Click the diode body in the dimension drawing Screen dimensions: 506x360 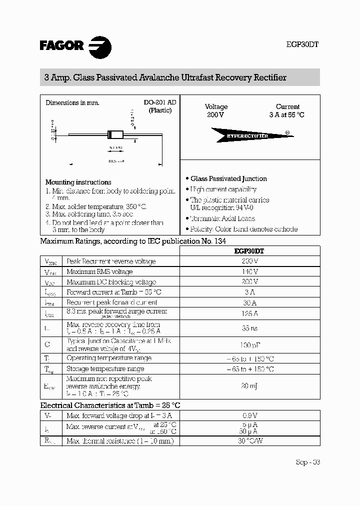coord(115,134)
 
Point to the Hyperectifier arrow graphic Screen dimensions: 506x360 coord(247,135)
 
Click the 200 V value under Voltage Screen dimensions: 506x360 coord(215,115)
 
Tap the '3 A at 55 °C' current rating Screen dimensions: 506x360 coord(287,115)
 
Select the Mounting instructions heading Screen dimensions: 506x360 coord(78,182)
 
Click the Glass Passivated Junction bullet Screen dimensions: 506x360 coord(228,178)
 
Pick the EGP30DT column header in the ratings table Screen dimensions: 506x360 coord(249,251)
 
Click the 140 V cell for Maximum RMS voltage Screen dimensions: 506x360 coord(249,271)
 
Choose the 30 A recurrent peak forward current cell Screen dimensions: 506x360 coord(249,302)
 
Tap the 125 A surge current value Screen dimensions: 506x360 coord(249,313)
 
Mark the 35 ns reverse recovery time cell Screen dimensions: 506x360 coord(249,328)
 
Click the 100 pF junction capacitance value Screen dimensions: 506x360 coord(249,344)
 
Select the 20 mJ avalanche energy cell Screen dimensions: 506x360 coord(249,386)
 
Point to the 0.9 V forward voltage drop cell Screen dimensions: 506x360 coord(249,415)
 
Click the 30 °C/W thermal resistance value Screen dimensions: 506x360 coord(249,441)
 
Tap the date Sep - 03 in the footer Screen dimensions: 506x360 coord(307,462)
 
